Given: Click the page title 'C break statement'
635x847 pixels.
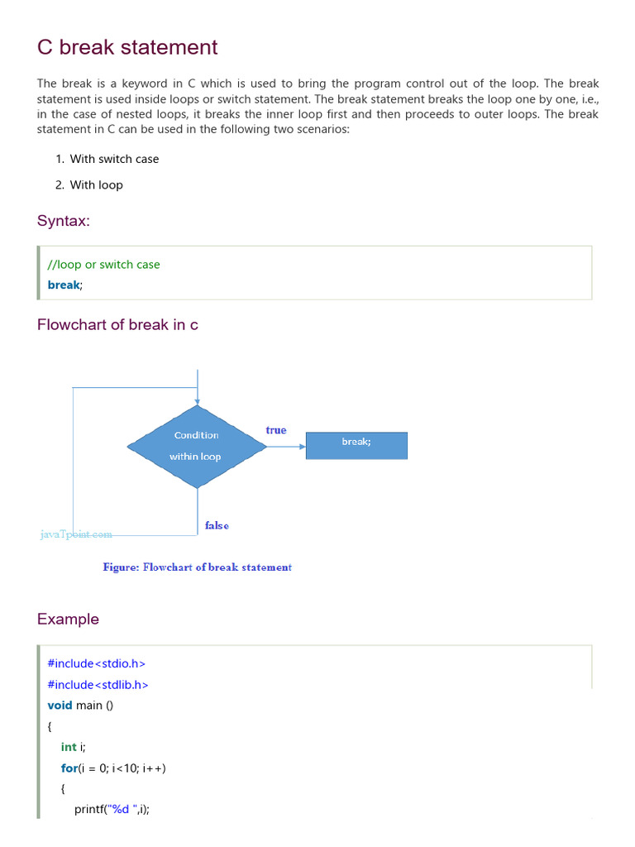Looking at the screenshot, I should click(127, 47).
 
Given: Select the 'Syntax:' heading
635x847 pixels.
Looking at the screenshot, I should click(64, 221).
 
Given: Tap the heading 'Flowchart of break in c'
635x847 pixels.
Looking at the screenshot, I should click(117, 325).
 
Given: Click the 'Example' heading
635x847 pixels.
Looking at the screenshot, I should click(68, 620).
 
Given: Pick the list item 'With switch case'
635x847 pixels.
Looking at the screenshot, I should click(114, 159).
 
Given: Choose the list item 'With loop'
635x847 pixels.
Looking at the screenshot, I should click(96, 185).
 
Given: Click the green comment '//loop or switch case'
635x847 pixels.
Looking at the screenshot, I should click(104, 265).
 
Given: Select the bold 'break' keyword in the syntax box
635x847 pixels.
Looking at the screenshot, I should click(64, 285).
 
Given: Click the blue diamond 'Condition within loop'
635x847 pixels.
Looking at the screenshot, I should click(197, 446).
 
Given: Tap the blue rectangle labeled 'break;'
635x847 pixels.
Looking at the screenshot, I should click(356, 445).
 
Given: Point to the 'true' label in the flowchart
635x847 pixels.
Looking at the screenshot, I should click(276, 430).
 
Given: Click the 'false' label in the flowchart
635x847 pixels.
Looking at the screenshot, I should click(217, 526).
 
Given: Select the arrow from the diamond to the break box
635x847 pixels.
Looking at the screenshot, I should click(286, 447).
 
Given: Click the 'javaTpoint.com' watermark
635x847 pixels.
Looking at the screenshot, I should click(76, 534).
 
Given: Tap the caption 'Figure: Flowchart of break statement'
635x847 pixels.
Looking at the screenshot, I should click(197, 567).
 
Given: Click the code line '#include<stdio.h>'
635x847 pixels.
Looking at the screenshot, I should click(97, 663).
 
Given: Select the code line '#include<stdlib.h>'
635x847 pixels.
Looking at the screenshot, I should click(98, 685).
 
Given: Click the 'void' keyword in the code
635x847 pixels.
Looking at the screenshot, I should click(60, 706).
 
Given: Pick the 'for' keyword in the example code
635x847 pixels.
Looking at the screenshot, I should click(69, 768).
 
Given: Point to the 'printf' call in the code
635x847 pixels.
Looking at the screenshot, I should click(90, 810).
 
